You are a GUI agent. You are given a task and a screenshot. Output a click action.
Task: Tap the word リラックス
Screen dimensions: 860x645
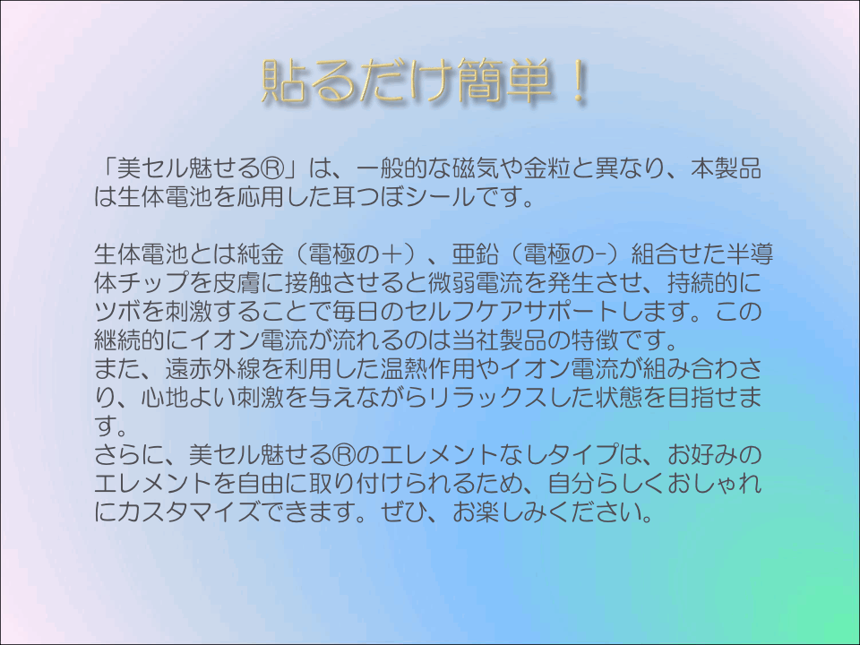tap(487, 397)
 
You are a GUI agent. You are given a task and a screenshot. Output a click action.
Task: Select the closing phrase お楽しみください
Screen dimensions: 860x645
tap(547, 512)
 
